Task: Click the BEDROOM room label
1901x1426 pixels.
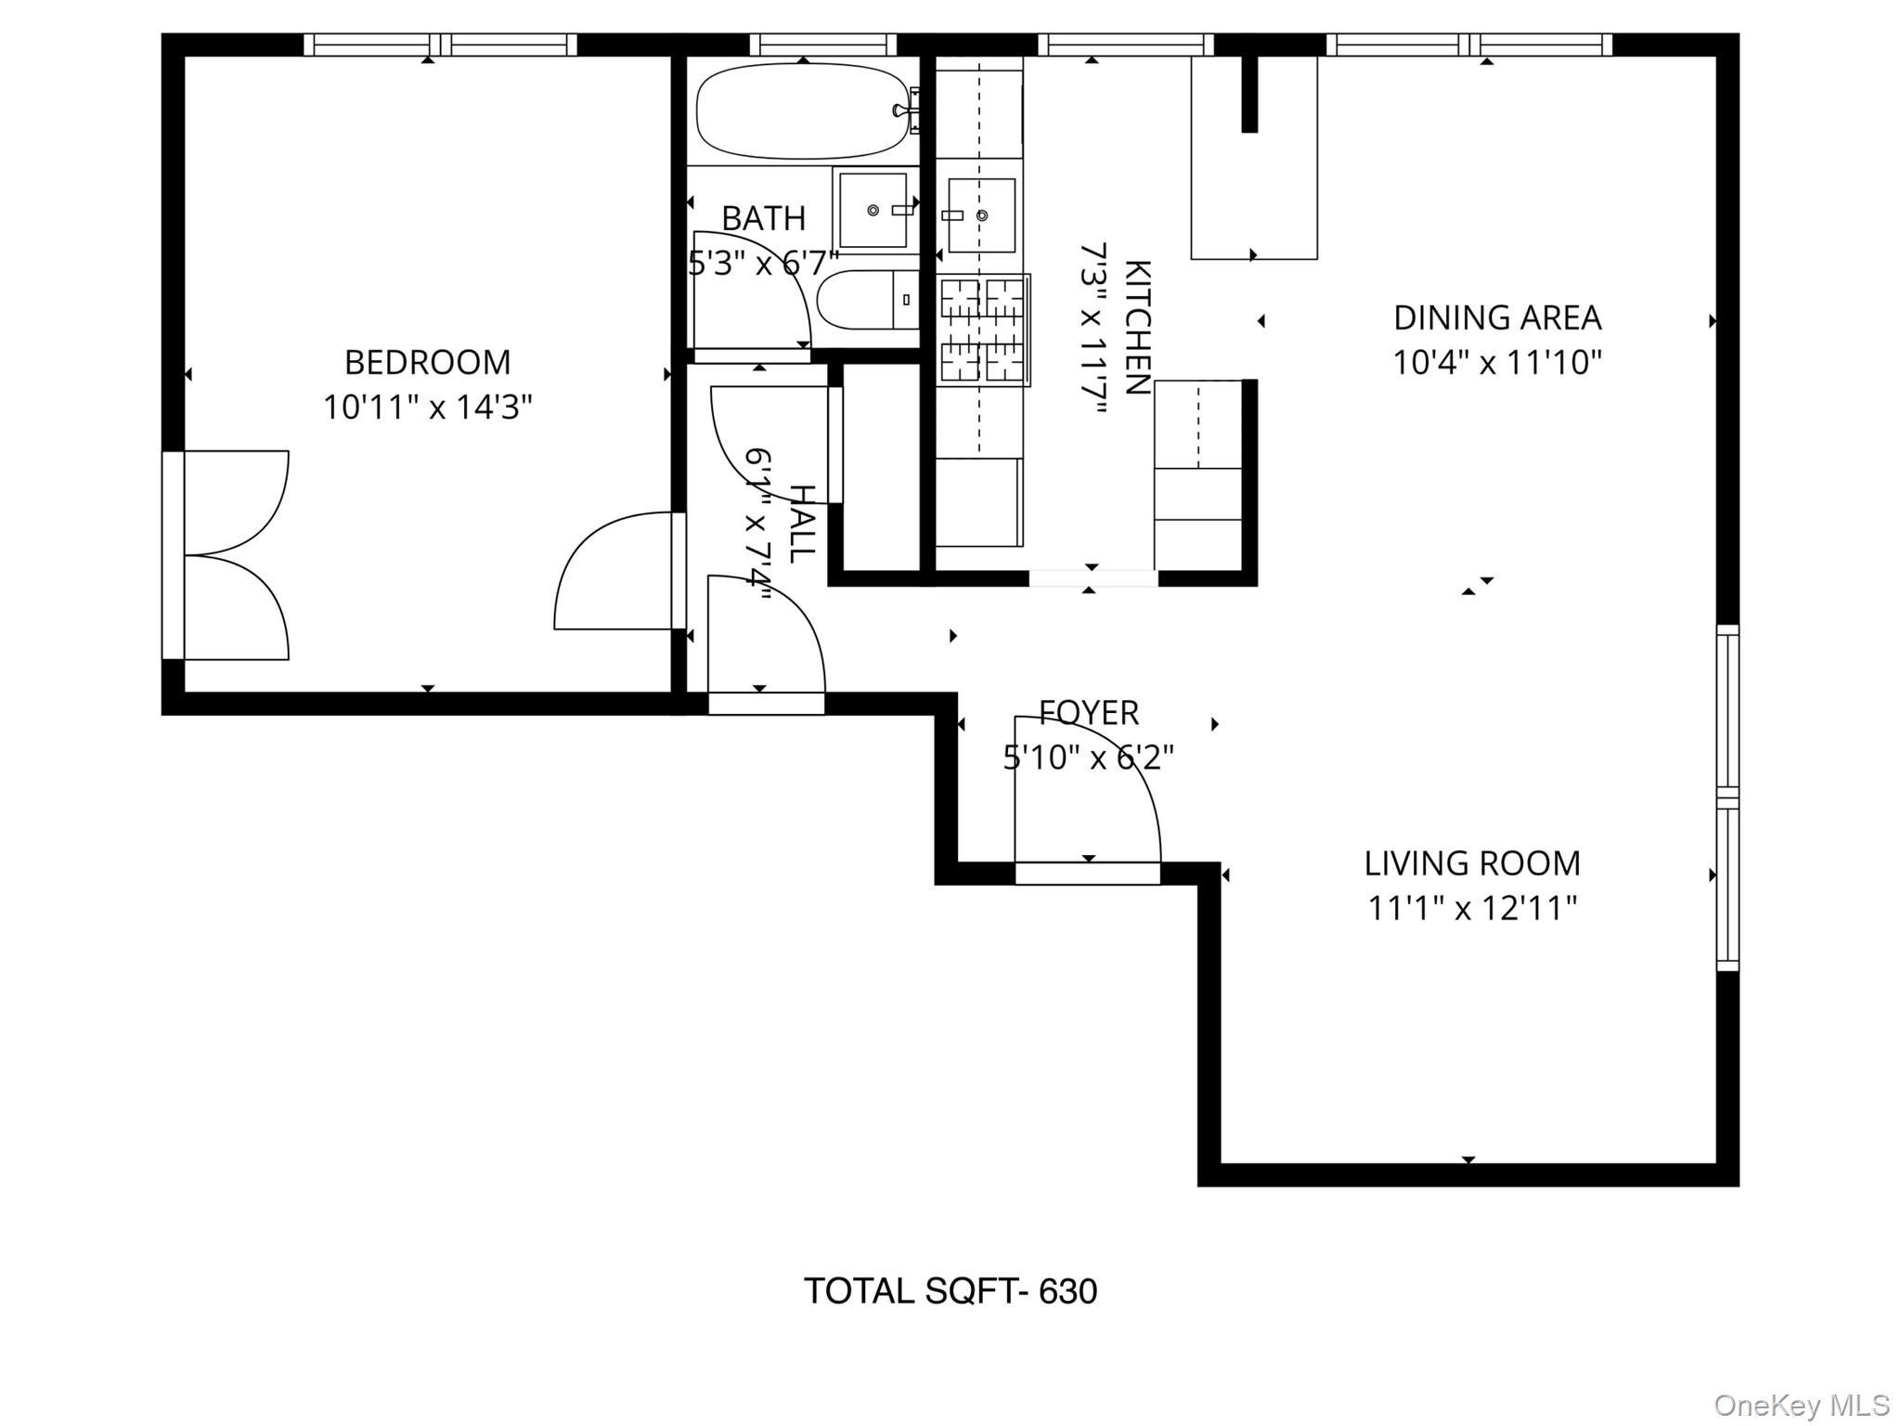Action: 427,362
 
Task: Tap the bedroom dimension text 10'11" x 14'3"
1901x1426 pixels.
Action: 427,408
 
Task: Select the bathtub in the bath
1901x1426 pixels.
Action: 802,110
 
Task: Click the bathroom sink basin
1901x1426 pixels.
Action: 873,211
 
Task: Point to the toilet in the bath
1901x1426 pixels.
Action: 867,300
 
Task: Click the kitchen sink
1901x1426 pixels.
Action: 981,215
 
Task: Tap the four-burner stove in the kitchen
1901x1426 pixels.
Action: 982,330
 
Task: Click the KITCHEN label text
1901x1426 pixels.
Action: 1137,328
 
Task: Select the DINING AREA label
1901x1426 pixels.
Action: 1496,318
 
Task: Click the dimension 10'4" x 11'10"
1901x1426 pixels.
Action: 1496,362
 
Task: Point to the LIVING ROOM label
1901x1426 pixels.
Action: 1471,863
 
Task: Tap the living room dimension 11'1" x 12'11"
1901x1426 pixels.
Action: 1471,908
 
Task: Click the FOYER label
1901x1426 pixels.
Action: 1088,713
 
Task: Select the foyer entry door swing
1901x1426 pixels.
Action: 1086,794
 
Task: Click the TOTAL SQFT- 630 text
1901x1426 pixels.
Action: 950,1291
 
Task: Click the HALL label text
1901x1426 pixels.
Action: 801,524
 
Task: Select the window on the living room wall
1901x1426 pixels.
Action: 1726,798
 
